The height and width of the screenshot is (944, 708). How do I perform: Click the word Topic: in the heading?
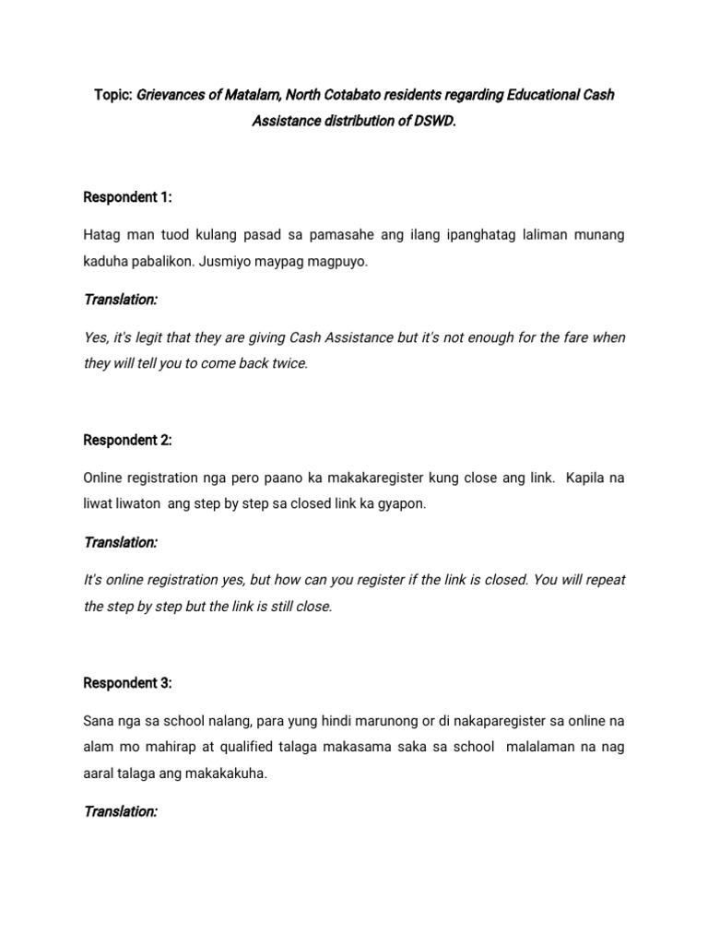pos(113,96)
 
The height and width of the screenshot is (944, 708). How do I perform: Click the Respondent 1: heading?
pos(128,197)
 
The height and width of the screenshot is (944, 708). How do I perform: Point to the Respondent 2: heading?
pos(128,440)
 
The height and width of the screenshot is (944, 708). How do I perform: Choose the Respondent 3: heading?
pos(128,683)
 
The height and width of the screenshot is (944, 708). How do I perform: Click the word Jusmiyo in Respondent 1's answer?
pos(221,262)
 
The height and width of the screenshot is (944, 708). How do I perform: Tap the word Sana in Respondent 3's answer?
pos(99,721)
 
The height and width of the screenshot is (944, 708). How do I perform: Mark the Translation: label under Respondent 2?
pos(121,542)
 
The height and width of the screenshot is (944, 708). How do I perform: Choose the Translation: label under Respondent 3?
pos(121,811)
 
